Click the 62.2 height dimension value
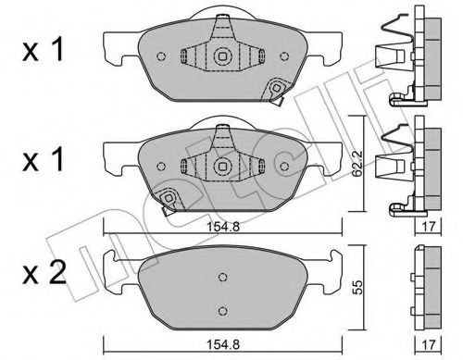click(x=357, y=168)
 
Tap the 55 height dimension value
click(x=358, y=288)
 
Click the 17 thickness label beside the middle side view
click(x=428, y=227)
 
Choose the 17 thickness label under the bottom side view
click(x=428, y=344)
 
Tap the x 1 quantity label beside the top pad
click(x=43, y=50)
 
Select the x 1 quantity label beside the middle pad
click(x=43, y=160)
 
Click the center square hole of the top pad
click(x=222, y=56)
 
